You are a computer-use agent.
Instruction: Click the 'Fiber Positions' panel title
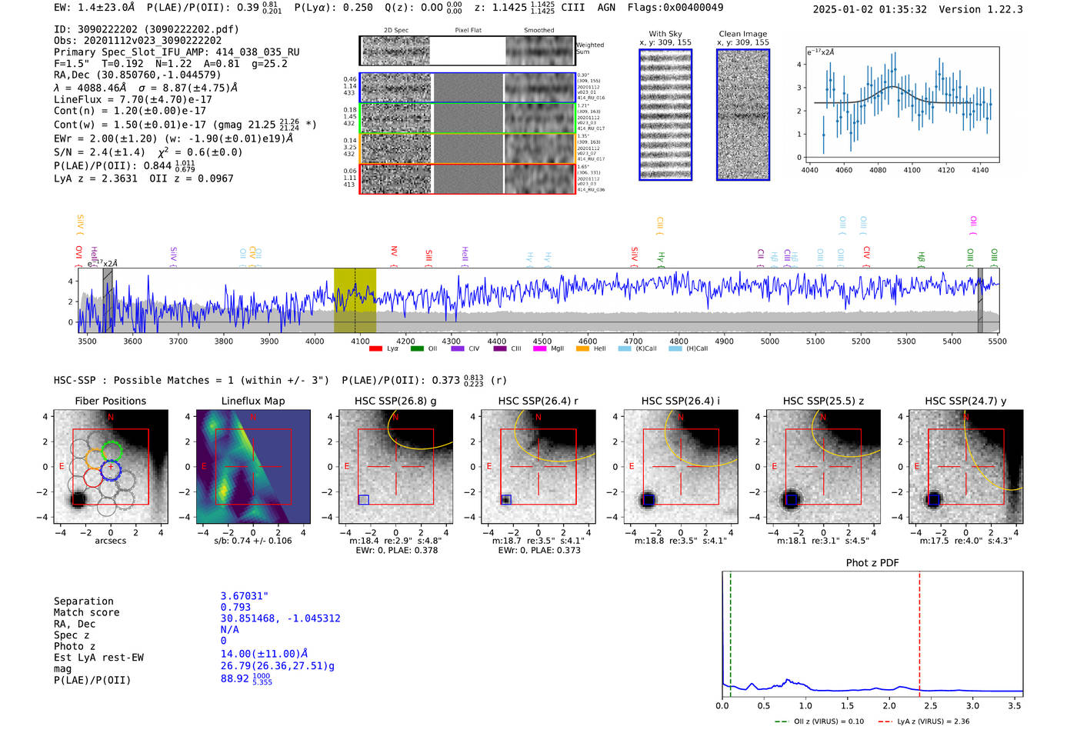click(x=110, y=401)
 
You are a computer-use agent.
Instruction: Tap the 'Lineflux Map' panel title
click(x=252, y=401)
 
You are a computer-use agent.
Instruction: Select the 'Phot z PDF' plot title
click(x=872, y=563)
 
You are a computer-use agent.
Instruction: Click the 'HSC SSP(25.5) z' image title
click(x=823, y=401)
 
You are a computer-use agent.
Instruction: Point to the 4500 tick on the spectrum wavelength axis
click(x=542, y=342)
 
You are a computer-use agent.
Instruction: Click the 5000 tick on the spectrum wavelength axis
click(x=770, y=342)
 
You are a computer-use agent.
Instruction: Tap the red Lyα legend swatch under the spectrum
click(x=375, y=349)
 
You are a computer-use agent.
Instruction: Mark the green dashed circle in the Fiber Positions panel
click(x=112, y=451)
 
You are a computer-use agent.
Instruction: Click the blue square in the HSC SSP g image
click(x=363, y=500)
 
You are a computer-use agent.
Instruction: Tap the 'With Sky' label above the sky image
click(x=665, y=34)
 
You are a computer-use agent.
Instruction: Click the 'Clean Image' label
click(x=742, y=34)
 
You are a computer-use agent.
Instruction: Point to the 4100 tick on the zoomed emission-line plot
click(x=912, y=170)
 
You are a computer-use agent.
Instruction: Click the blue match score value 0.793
click(x=235, y=608)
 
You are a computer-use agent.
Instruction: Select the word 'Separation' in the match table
click(x=83, y=601)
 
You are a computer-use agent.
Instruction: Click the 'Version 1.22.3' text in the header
click(x=980, y=9)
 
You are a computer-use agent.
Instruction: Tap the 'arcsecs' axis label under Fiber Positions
click(x=110, y=541)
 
